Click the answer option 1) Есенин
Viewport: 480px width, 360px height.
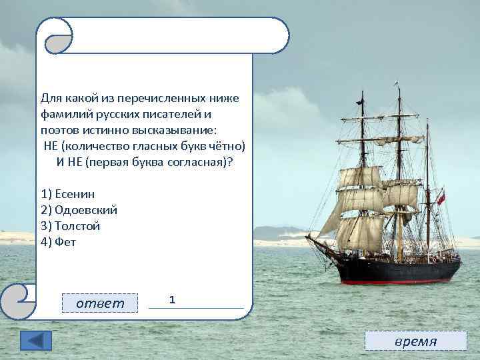click(x=68, y=194)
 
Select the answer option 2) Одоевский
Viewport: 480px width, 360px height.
click(x=79, y=210)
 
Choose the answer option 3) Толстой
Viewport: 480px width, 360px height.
click(x=71, y=226)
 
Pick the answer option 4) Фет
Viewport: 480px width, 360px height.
click(x=59, y=242)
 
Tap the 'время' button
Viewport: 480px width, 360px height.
click(x=416, y=341)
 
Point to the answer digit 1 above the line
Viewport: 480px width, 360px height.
click(x=172, y=300)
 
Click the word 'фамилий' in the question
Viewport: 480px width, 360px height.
click(x=65, y=114)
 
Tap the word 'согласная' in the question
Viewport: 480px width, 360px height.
click(x=196, y=162)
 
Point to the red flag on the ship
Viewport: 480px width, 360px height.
click(x=441, y=198)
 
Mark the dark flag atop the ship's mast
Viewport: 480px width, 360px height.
click(x=360, y=102)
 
